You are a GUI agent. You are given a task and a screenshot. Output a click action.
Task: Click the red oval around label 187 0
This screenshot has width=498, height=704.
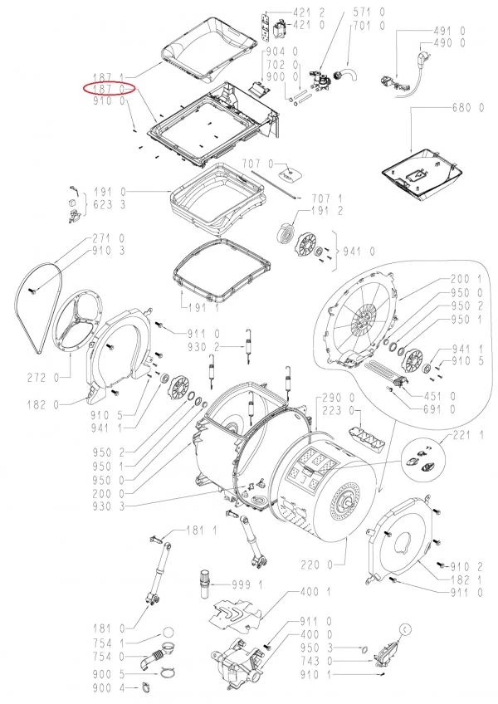tap(109, 89)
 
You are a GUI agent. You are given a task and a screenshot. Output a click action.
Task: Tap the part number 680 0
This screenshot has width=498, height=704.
tap(467, 108)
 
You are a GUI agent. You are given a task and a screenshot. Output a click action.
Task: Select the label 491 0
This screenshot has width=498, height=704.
tap(449, 31)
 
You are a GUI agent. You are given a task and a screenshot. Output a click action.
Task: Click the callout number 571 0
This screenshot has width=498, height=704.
tap(369, 12)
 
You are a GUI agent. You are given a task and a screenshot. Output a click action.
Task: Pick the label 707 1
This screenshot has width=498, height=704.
tap(327, 198)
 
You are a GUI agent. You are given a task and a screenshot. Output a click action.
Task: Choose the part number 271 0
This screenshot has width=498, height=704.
tap(109, 238)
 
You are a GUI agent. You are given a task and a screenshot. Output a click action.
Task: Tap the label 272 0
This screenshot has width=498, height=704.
tap(42, 378)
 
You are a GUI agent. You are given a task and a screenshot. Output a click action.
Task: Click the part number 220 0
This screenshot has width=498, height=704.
tap(317, 565)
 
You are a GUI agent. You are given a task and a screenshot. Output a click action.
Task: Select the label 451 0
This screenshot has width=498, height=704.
tap(439, 396)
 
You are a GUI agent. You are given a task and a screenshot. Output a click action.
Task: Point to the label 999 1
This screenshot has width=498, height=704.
tap(247, 584)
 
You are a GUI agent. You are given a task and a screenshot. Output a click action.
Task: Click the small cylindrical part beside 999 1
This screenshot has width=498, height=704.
tap(205, 584)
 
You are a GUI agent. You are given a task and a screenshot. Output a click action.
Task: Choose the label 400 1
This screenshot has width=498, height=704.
tap(315, 591)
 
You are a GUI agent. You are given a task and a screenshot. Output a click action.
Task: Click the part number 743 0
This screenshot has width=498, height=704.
tap(316, 661)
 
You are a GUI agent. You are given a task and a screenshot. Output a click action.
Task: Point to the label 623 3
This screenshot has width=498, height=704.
tap(109, 205)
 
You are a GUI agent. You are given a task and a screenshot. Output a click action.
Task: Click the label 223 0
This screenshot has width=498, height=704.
tap(338, 410)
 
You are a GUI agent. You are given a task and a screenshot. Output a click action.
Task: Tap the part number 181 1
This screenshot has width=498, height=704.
tap(202, 530)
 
